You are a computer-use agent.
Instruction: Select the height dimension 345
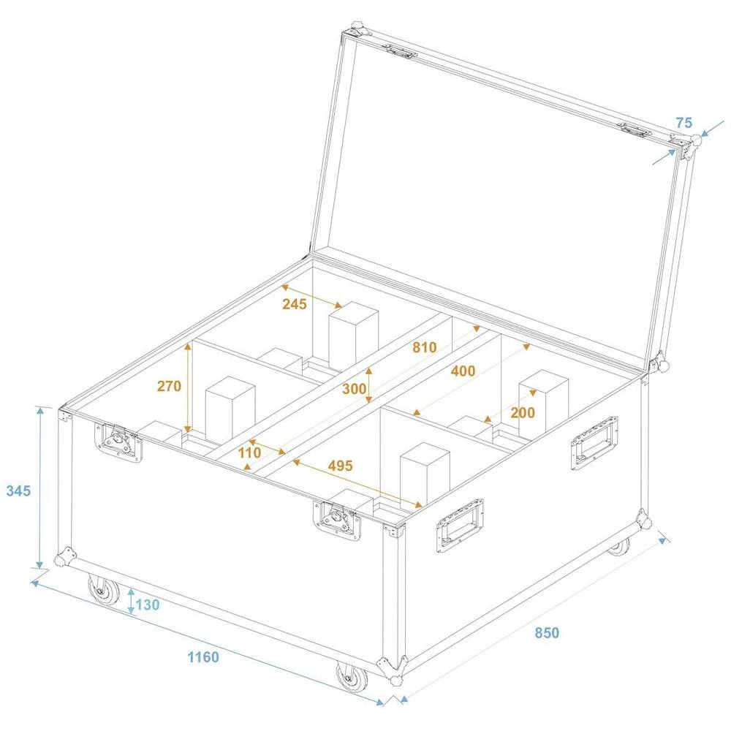pyautogui.click(x=18, y=491)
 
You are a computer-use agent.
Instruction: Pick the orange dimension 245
pyautogui.click(x=294, y=303)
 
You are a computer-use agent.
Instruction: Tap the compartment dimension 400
pyautogui.click(x=463, y=371)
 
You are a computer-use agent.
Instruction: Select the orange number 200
pyautogui.click(x=523, y=412)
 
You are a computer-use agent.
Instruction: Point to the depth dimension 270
pyautogui.click(x=169, y=386)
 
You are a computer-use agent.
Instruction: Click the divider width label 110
pyautogui.click(x=250, y=452)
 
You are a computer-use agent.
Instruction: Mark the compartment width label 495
pyautogui.click(x=341, y=465)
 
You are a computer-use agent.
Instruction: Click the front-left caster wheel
pyautogui.click(x=104, y=589)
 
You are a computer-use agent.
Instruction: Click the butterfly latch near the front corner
pyautogui.click(x=338, y=520)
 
